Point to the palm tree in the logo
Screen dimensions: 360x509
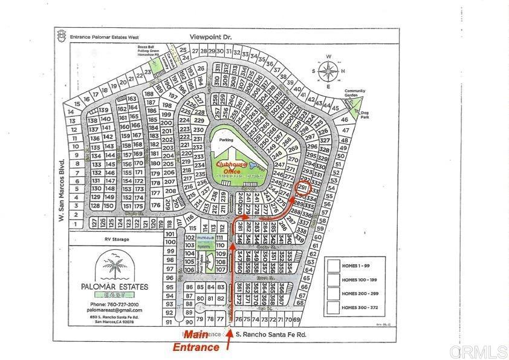click(x=111, y=264)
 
